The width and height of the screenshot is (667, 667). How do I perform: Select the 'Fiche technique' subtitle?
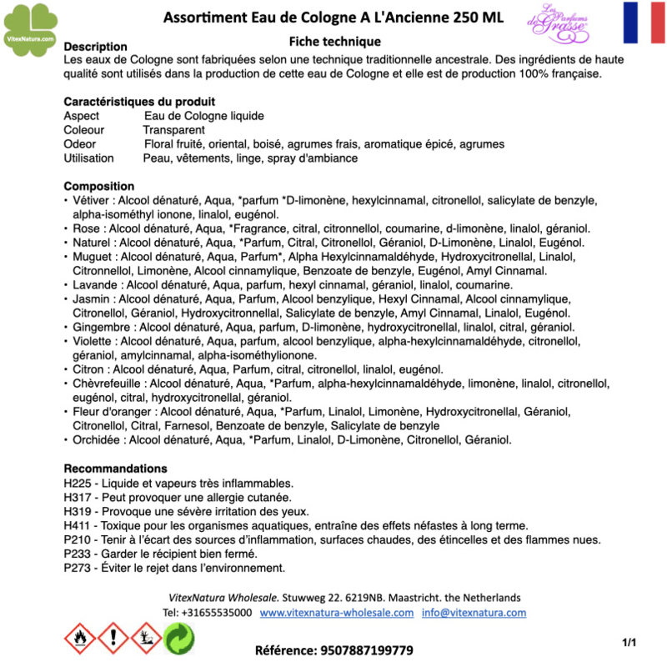pyautogui.click(x=334, y=42)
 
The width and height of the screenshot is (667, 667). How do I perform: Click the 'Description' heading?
pyautogui.click(x=95, y=47)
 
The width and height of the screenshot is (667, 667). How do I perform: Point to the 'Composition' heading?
pyautogui.click(x=98, y=186)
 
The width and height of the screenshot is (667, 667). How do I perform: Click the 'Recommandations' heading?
pyautogui.click(x=115, y=469)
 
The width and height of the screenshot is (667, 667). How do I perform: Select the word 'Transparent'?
pyautogui.click(x=173, y=130)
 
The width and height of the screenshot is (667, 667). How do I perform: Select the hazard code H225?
pyautogui.click(x=78, y=484)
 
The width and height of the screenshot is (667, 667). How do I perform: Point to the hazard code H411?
pyautogui.click(x=78, y=526)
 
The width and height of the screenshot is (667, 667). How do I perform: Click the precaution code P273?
pyautogui.click(x=78, y=569)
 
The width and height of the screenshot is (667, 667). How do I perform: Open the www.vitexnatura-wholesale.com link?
pyautogui.click(x=337, y=613)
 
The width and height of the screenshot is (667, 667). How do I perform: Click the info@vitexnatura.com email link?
pyautogui.click(x=474, y=613)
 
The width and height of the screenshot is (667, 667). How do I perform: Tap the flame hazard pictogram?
pyautogui.click(x=80, y=639)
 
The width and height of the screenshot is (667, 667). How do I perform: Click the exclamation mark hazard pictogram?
pyautogui.click(x=113, y=639)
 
